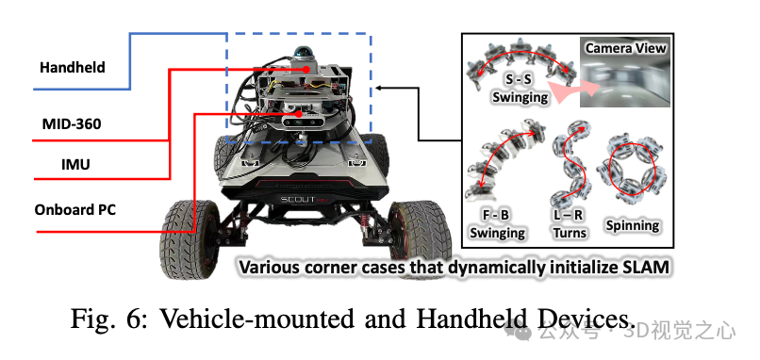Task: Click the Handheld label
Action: tap(72, 68)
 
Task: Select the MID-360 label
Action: tap(72, 123)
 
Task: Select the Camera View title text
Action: tap(625, 47)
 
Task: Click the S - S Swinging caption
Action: tap(520, 89)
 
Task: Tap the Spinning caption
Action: tap(633, 225)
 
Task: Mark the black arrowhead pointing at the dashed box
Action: tap(378, 88)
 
